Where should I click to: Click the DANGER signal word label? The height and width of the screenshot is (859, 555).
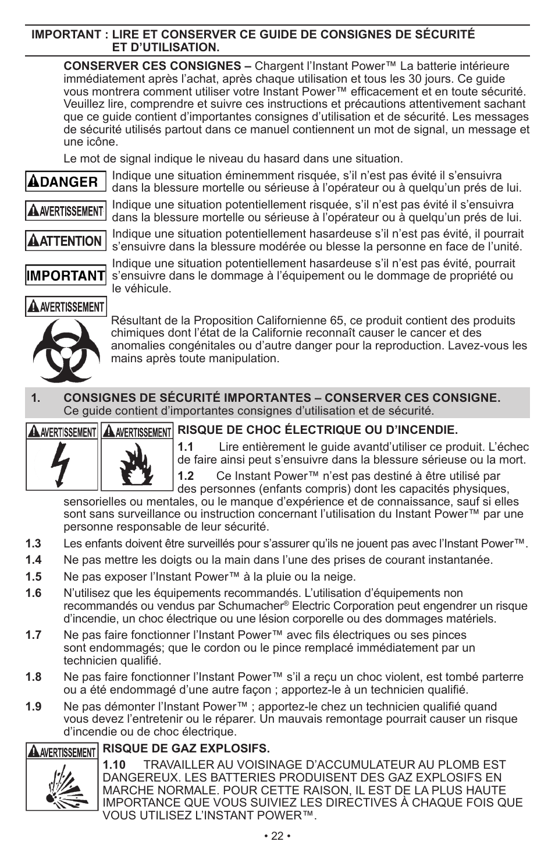tap(66, 181)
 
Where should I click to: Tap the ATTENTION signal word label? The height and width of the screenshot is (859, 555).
tap(66, 241)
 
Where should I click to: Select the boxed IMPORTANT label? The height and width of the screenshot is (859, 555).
tap(66, 275)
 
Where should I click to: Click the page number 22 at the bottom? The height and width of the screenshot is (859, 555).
tap(277, 836)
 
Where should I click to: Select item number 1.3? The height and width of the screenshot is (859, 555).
tap(33, 543)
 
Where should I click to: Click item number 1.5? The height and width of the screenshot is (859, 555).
tap(33, 577)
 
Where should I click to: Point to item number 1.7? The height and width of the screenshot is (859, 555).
tap(33, 635)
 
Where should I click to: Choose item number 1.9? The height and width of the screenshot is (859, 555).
tap(33, 706)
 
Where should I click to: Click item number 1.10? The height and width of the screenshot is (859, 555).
tap(115, 764)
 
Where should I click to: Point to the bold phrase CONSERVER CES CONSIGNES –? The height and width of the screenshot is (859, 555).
tap(157, 66)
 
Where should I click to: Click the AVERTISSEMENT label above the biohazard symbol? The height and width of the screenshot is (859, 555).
tap(66, 306)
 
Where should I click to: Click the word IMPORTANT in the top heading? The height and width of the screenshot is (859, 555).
tap(66, 34)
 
